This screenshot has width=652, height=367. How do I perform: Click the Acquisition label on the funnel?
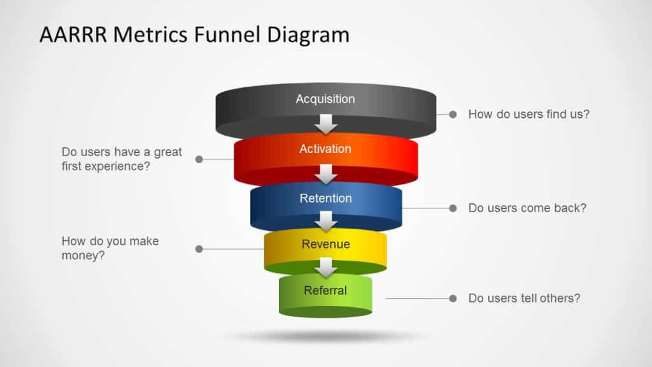click(x=325, y=99)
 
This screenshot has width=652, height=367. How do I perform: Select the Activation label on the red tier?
click(x=325, y=148)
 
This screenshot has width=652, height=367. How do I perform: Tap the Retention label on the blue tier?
click(x=325, y=198)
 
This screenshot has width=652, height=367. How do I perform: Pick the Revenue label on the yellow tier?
click(x=325, y=244)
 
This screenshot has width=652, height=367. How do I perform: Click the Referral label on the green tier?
click(x=325, y=291)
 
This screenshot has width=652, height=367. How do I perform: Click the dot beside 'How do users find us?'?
click(x=453, y=114)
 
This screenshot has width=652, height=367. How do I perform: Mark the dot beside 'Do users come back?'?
click(x=453, y=208)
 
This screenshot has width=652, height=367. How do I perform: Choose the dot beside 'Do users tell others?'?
click(x=453, y=298)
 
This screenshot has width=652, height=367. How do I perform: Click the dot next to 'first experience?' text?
click(x=199, y=159)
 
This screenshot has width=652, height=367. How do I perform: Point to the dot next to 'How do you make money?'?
click(x=199, y=248)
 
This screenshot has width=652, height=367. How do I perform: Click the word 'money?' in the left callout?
click(x=83, y=256)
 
